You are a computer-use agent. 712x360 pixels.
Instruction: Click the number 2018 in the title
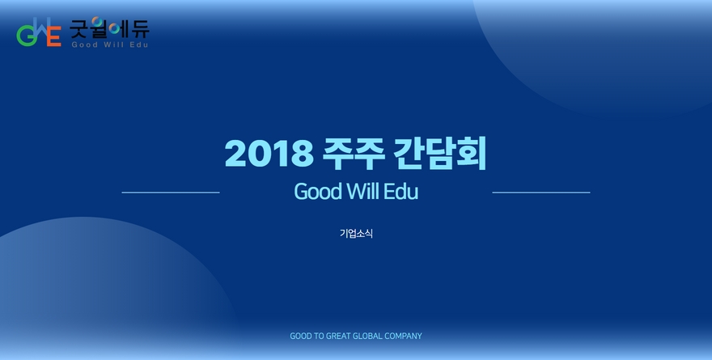pyautogui.click(x=269, y=154)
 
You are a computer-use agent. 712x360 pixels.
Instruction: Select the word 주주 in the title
pyautogui.click(x=354, y=154)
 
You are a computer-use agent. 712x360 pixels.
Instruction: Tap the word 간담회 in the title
pyautogui.click(x=439, y=154)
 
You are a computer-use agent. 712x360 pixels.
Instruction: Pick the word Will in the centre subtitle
pyautogui.click(x=363, y=191)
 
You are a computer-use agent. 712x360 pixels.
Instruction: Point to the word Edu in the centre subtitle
pyautogui.click(x=400, y=192)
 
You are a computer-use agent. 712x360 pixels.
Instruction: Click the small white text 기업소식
pyautogui.click(x=356, y=233)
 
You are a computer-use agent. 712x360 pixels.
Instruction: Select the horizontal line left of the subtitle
pyautogui.click(x=171, y=193)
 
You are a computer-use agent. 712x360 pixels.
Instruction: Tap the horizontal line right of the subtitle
pyautogui.click(x=541, y=193)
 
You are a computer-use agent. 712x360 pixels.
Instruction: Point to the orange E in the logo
pyautogui.click(x=54, y=36)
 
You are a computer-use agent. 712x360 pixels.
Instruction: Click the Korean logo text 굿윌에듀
pyautogui.click(x=109, y=28)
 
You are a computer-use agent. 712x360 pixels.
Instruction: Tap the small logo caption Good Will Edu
pyautogui.click(x=110, y=44)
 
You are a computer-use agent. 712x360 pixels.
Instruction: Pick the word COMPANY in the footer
pyautogui.click(x=403, y=336)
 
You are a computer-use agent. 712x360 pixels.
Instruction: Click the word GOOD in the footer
pyautogui.click(x=301, y=336)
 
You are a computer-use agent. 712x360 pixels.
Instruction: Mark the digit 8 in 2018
pyautogui.click(x=302, y=154)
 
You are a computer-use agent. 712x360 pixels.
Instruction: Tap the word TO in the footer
pyautogui.click(x=319, y=336)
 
